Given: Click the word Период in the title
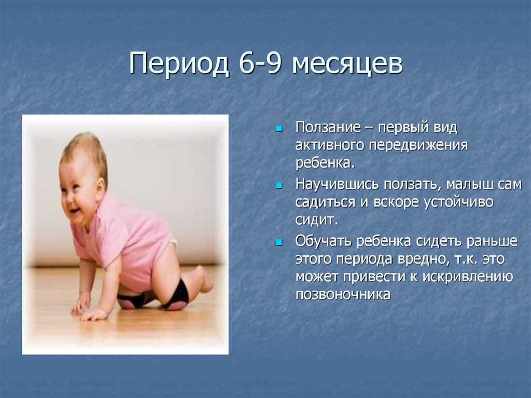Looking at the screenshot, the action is coord(178,63).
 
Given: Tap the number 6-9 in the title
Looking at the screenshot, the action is coord(260,63).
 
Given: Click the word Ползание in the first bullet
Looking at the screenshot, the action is coord(328,128).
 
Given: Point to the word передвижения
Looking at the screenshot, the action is coord(418,146).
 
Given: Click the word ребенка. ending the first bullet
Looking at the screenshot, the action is coord(325,163).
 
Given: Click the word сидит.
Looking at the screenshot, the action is coord(317,220).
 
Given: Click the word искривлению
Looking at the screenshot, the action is coord(467,277).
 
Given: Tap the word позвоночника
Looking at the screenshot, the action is coord(343,294).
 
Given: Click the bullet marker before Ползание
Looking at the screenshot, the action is coord(279,129).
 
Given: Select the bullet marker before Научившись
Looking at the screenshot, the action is coord(279,185).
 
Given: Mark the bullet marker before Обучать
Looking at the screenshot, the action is coord(279,242).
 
